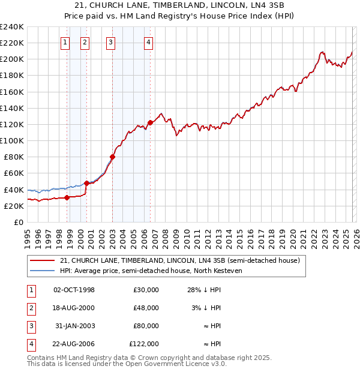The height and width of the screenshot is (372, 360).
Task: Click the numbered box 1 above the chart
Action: pos(65,42)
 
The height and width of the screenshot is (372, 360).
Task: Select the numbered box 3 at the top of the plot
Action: pos(112,42)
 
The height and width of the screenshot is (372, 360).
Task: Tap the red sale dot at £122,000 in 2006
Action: pos(150,122)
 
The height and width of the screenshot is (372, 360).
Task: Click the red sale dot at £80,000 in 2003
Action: pos(112,157)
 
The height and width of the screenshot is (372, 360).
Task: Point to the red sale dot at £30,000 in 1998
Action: pos(67,197)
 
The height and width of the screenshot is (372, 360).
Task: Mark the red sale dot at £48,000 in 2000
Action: pos(86,183)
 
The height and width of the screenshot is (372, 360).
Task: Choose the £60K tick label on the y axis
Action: pos(13,173)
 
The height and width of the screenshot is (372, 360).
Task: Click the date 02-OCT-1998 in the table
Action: pos(74,290)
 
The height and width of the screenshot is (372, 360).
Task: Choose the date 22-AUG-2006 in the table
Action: pos(74,344)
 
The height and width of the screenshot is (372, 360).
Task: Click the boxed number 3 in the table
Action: pos(31,326)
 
